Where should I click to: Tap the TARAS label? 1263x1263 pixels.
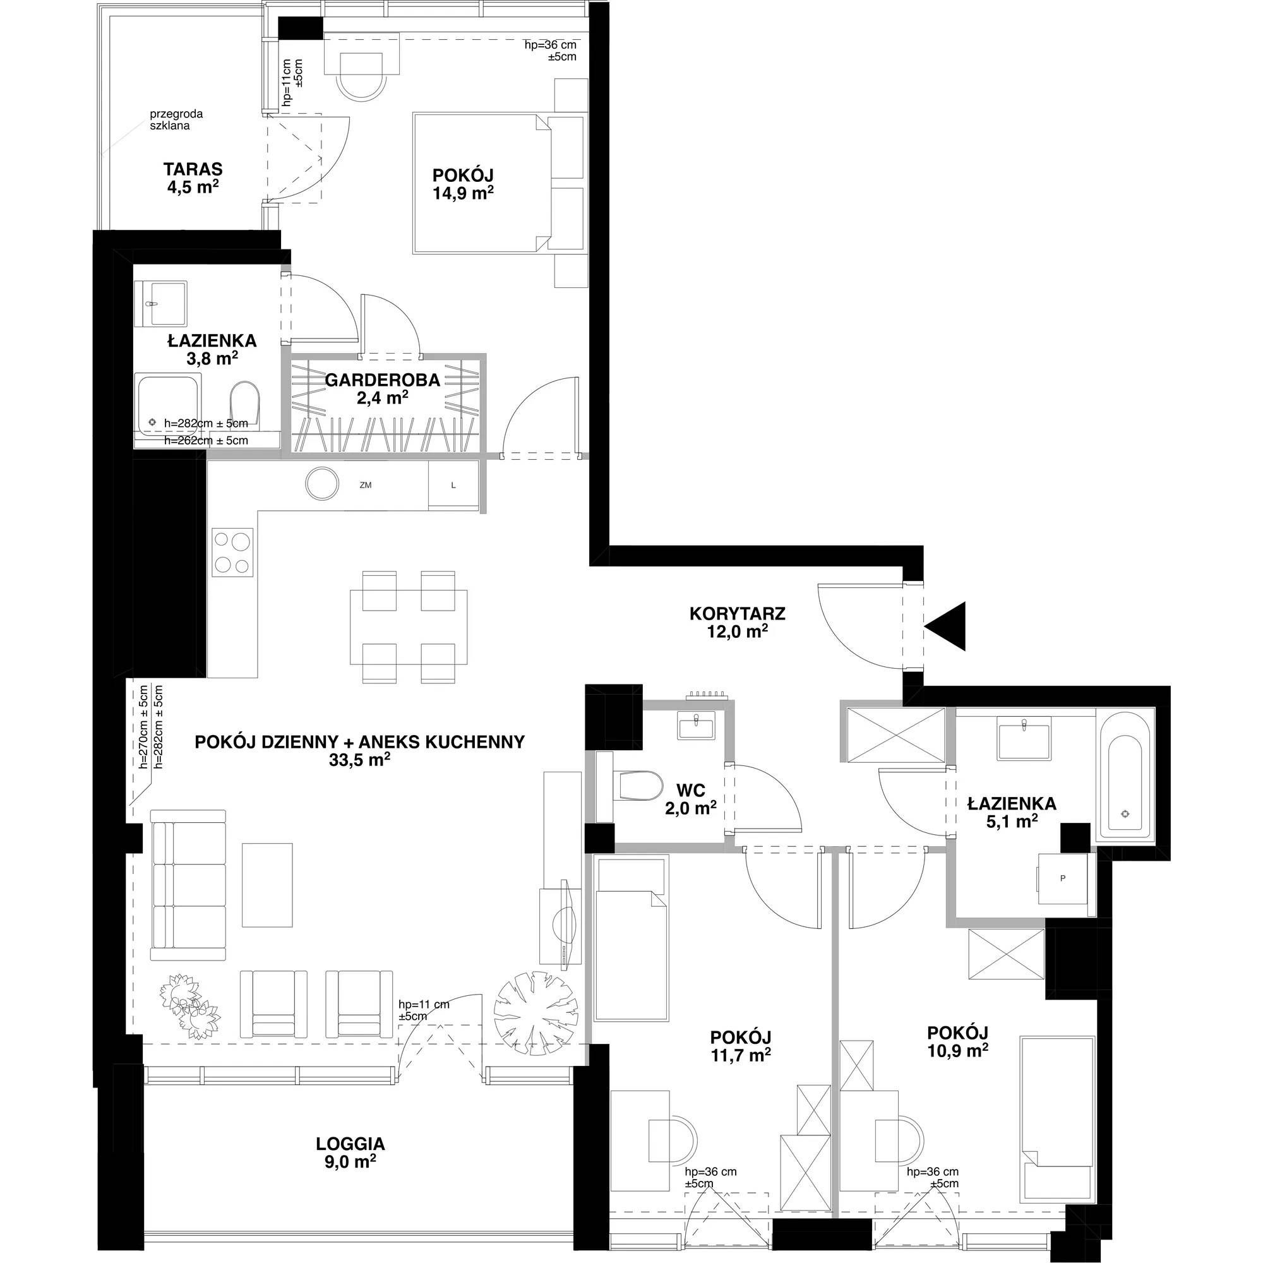tap(193, 169)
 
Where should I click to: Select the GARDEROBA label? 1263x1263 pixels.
tap(383, 379)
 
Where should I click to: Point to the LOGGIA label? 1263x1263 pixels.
tap(350, 1144)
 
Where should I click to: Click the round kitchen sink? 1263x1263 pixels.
tap(322, 484)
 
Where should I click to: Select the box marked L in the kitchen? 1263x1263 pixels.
tap(453, 485)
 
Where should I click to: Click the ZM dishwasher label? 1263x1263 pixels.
tap(366, 485)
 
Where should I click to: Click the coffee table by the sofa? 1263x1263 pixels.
tap(267, 885)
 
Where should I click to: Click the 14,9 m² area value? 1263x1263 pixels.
tap(463, 193)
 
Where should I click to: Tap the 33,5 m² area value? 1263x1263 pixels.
tap(360, 760)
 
